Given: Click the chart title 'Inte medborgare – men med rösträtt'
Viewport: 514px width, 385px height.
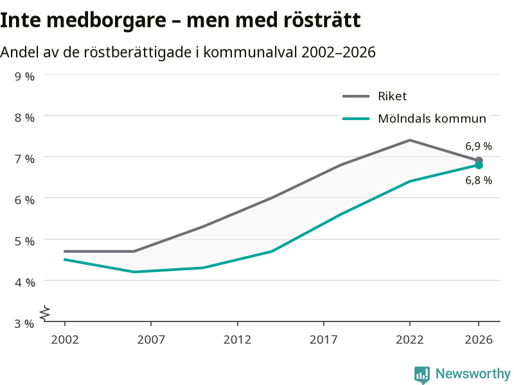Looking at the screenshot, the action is pyautogui.click(x=181, y=21).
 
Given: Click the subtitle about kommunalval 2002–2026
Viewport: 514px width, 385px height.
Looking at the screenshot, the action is pyautogui.click(x=188, y=52).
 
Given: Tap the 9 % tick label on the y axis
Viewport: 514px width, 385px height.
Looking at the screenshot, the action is pyautogui.click(x=24, y=76).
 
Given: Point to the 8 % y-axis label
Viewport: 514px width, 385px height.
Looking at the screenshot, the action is pyautogui.click(x=24, y=117).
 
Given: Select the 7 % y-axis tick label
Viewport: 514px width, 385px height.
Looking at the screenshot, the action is pyautogui.click(x=24, y=158).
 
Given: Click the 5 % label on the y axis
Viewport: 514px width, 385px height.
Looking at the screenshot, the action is pyautogui.click(x=24, y=241).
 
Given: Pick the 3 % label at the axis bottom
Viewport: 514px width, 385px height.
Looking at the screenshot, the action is pyautogui.click(x=24, y=323).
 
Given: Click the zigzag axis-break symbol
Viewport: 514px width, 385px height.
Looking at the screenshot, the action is pyautogui.click(x=45, y=313).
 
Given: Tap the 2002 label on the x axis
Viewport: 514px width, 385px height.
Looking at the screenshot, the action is pyautogui.click(x=65, y=339).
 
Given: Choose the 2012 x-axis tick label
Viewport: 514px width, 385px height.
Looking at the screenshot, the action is pyautogui.click(x=237, y=339).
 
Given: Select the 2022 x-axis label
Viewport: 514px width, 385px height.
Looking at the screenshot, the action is pyautogui.click(x=410, y=339).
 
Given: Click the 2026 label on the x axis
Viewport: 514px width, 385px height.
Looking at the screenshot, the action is pyautogui.click(x=479, y=339).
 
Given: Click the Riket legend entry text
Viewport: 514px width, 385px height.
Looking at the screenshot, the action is pyautogui.click(x=393, y=96).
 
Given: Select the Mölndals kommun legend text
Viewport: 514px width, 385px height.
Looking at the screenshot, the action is pyautogui.click(x=432, y=119).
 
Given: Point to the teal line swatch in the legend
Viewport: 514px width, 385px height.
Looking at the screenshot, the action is pyautogui.click(x=356, y=119).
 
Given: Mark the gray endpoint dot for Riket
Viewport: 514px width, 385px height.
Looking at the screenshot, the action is pyautogui.click(x=479, y=160).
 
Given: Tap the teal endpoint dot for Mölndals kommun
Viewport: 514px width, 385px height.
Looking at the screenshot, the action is pyautogui.click(x=479, y=166).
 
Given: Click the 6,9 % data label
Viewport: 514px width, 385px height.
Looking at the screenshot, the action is pyautogui.click(x=479, y=146).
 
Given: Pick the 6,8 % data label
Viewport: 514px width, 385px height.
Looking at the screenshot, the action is pyautogui.click(x=479, y=180).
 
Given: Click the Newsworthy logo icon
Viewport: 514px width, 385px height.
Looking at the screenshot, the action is pyautogui.click(x=422, y=375).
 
